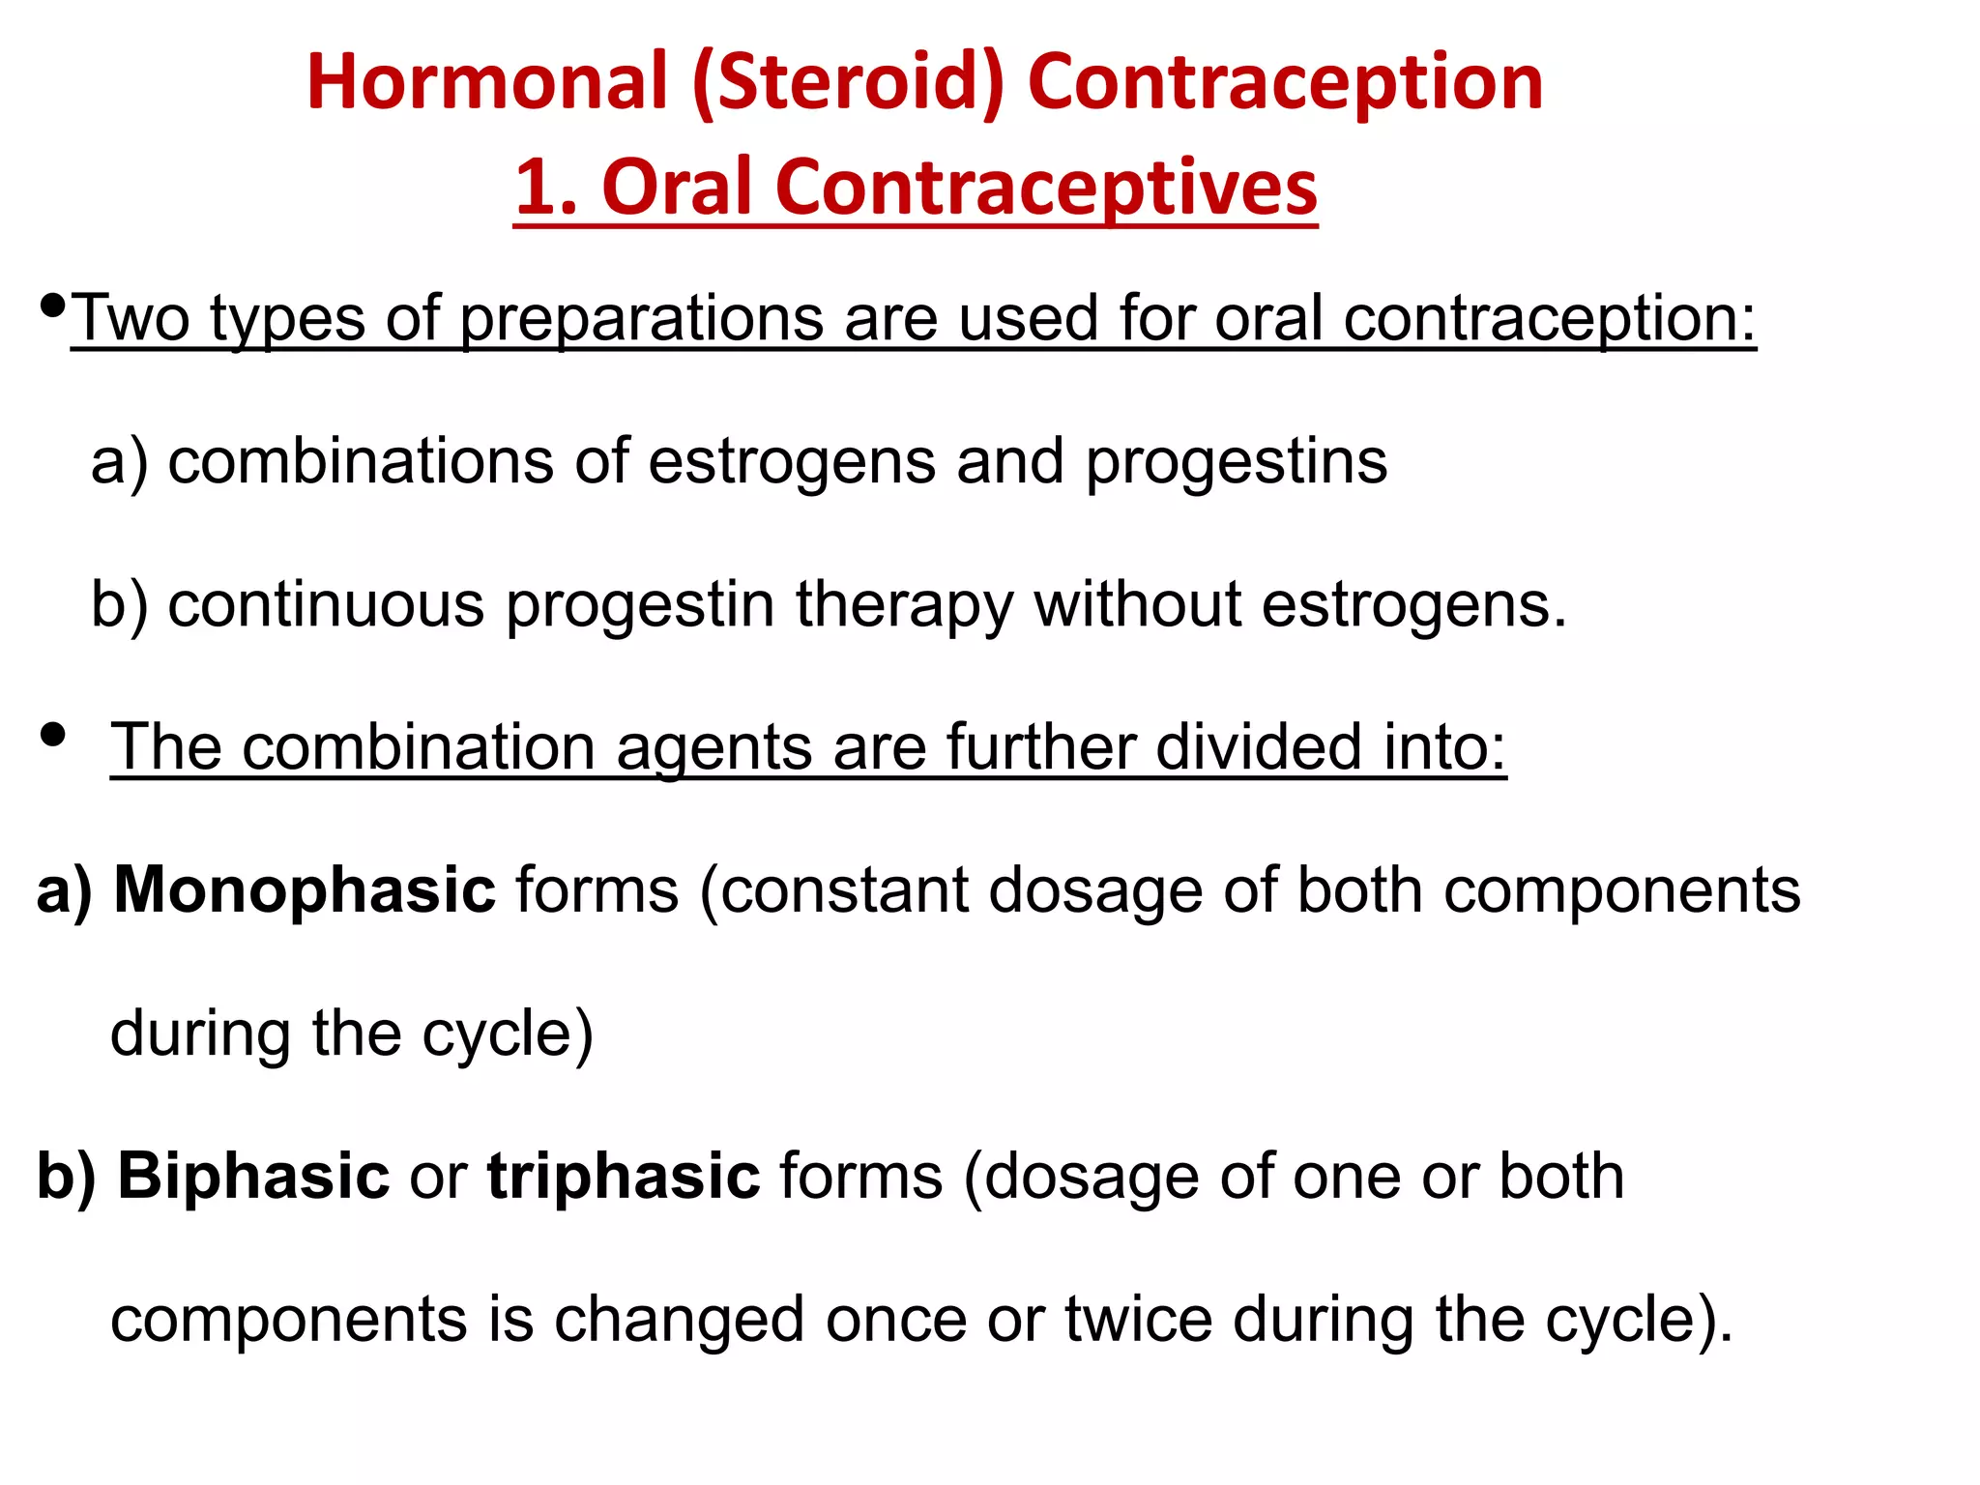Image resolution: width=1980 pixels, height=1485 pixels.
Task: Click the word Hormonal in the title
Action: click(487, 82)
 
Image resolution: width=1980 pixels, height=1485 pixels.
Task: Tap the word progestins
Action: click(1237, 463)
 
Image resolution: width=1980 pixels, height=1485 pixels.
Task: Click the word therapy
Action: click(904, 606)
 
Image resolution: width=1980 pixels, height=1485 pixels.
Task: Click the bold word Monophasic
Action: click(305, 890)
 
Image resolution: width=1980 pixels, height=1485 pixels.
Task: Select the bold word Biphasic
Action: click(253, 1177)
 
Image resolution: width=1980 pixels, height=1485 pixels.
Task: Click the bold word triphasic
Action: click(624, 1178)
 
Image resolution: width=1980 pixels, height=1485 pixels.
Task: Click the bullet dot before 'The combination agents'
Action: click(54, 736)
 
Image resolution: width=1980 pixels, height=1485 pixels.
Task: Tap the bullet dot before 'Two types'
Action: click(54, 306)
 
